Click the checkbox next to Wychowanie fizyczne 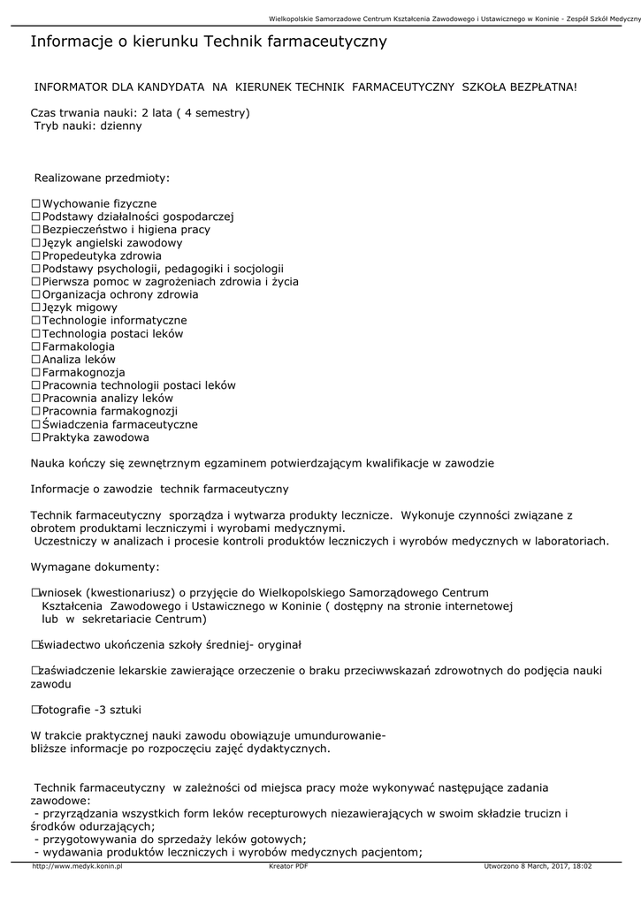(x=36, y=204)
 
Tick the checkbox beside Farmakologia (x=36, y=347)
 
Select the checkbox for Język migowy (x=36, y=308)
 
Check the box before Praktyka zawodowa (x=36, y=437)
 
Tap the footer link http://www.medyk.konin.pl (x=77, y=867)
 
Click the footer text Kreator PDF (x=288, y=867)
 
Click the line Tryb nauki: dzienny (x=88, y=126)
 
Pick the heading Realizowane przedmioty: (x=101, y=179)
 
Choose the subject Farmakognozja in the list (x=83, y=373)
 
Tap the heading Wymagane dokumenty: (x=95, y=566)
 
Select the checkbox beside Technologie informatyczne (x=36, y=321)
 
